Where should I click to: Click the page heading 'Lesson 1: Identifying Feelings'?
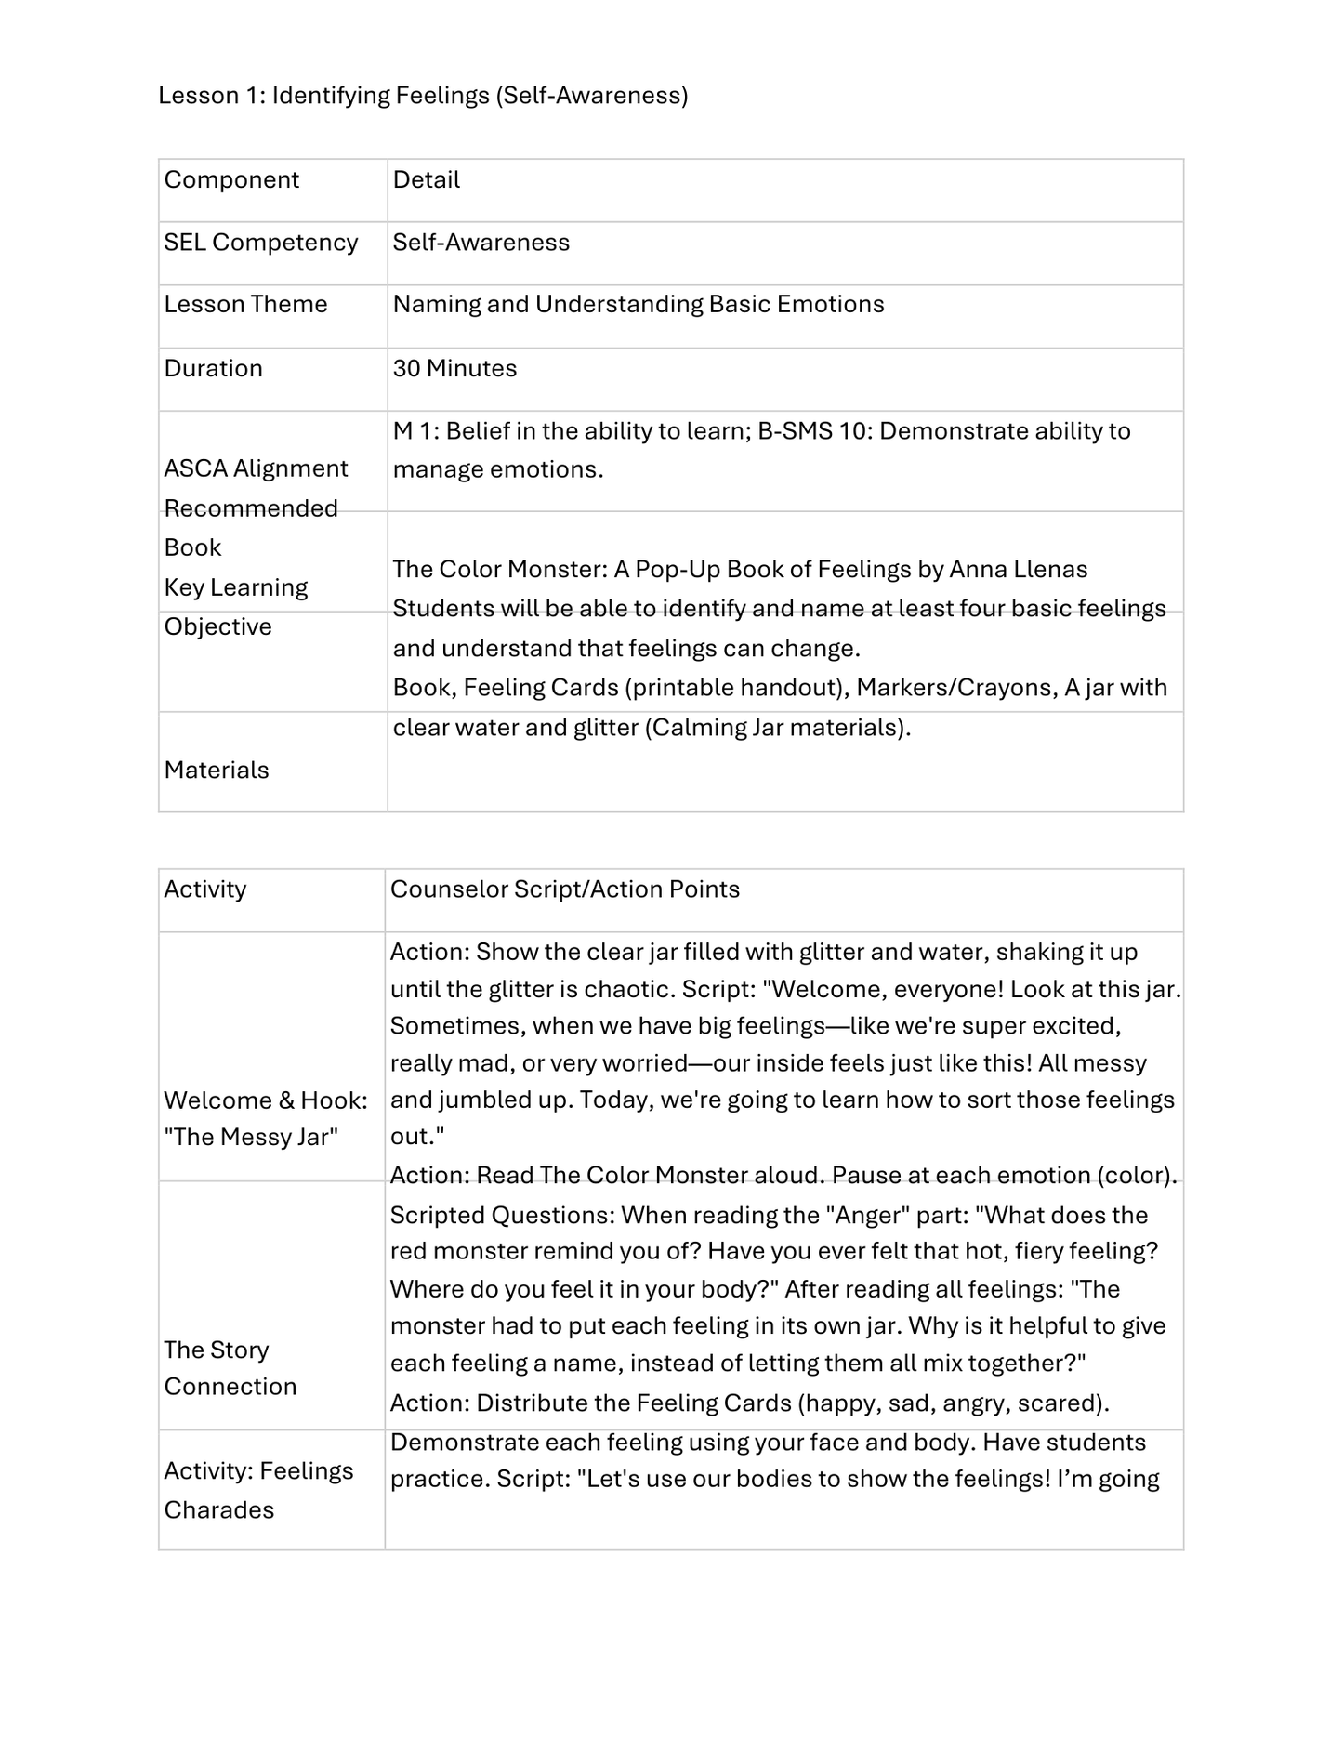click(x=423, y=96)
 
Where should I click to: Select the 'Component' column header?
click(x=231, y=180)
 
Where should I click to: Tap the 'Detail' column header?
click(x=426, y=180)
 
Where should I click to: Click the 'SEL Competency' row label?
click(x=261, y=243)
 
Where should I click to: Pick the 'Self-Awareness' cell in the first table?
click(x=481, y=243)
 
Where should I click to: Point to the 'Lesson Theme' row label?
click(x=245, y=305)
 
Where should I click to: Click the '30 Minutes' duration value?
click(x=454, y=369)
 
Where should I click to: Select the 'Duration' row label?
click(x=213, y=369)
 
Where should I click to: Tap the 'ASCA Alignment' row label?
click(x=256, y=468)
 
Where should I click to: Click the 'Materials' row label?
click(x=217, y=771)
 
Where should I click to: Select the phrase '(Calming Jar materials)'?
click(x=777, y=728)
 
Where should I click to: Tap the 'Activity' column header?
click(x=205, y=889)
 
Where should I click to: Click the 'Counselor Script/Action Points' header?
click(x=564, y=889)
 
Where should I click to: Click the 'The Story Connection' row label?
click(x=230, y=1368)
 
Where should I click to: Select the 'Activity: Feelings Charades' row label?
click(x=258, y=1490)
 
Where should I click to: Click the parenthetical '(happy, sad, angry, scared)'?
click(x=953, y=1403)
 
